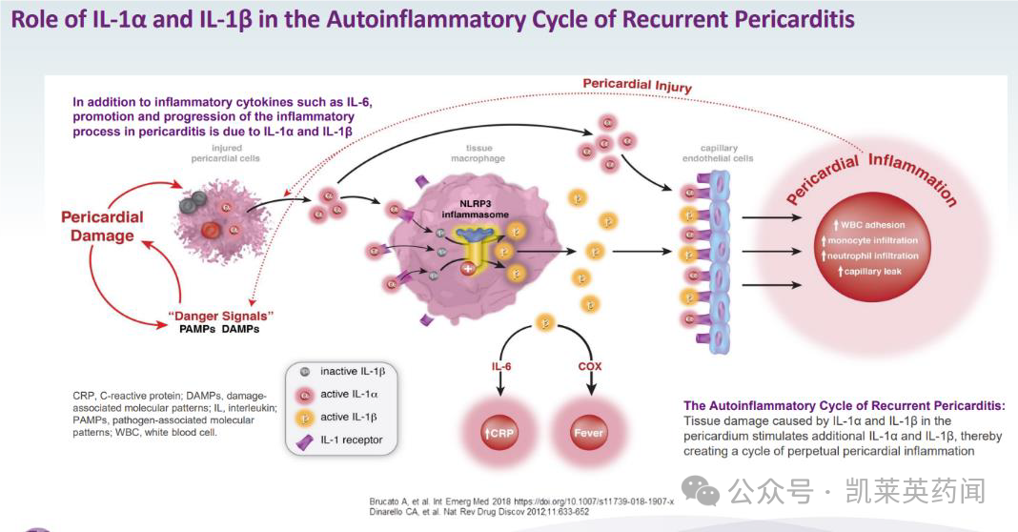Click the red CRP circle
[x=499, y=433]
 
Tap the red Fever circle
[x=589, y=433]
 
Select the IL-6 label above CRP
[x=500, y=366]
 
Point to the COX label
[x=590, y=366]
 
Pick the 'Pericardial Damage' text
[x=102, y=226]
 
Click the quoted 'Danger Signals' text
[x=221, y=315]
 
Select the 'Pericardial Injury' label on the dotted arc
[x=637, y=86]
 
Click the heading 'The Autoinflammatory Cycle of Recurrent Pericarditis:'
[x=844, y=405]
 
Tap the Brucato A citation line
[x=521, y=501]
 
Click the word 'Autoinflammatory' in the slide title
[x=434, y=19]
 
